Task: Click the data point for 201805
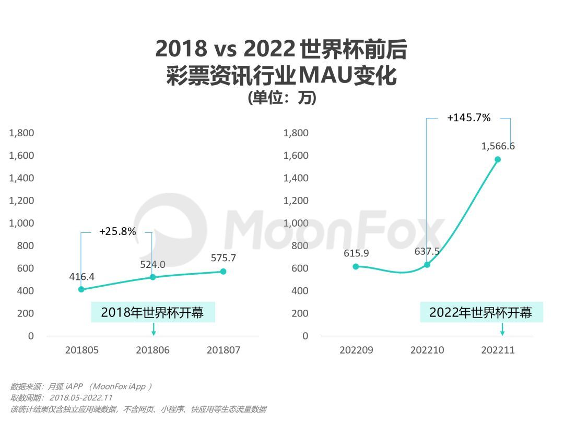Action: tap(81, 289)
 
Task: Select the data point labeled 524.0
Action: tap(152, 277)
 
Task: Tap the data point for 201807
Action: tap(223, 272)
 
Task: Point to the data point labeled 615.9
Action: tap(356, 266)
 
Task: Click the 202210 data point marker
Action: tap(427, 264)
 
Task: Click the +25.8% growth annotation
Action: tap(118, 231)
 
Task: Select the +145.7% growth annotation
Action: tap(468, 118)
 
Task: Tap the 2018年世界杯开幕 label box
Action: tap(152, 312)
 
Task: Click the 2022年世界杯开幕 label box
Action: tap(481, 312)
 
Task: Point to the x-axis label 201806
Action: tap(152, 350)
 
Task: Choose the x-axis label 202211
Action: tap(498, 350)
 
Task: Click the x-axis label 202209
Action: tap(356, 350)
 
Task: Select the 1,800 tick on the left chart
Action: tap(21, 133)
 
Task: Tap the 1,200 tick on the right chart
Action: tap(296, 201)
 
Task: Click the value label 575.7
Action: tap(224, 258)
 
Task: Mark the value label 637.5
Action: tap(427, 251)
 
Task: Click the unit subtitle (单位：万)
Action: tap(282, 98)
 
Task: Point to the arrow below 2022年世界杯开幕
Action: tap(502, 330)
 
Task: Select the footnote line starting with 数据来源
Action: tap(81, 386)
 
